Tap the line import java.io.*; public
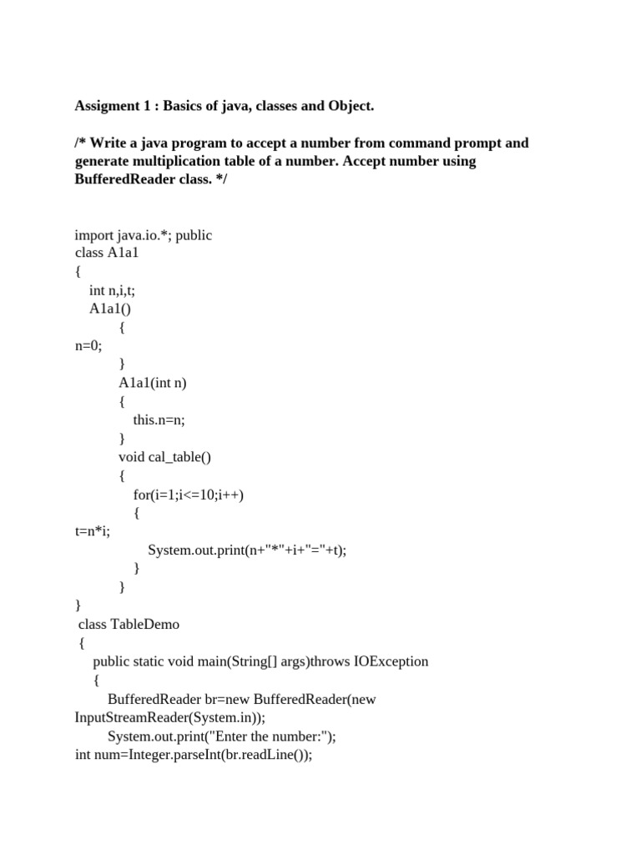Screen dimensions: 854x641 click(144, 235)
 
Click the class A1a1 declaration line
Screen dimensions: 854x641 click(107, 253)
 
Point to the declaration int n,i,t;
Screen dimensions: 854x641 click(112, 289)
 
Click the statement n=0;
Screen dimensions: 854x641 click(88, 345)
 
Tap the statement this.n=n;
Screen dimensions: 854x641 click(159, 419)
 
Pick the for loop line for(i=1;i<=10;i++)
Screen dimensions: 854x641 click(189, 495)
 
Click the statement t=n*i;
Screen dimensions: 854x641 click(92, 531)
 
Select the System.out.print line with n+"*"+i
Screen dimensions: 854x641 click(247, 550)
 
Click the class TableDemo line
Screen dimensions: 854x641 click(129, 624)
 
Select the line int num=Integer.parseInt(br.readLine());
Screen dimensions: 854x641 click(194, 756)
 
